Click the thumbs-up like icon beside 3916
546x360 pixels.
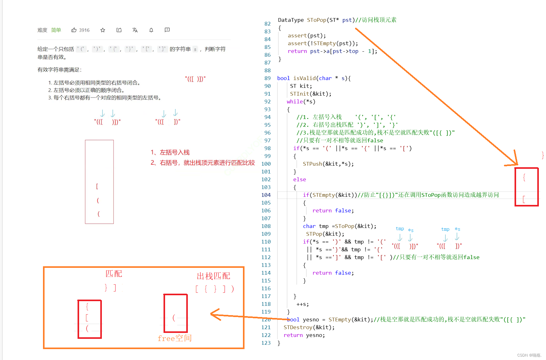click(74, 30)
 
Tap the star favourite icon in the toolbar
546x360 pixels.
click(103, 30)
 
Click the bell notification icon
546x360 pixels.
click(151, 30)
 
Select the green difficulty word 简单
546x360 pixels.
click(56, 30)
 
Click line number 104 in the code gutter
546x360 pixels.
click(266, 195)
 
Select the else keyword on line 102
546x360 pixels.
click(299, 179)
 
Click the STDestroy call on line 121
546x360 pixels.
click(298, 327)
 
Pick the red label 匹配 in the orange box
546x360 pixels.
click(114, 274)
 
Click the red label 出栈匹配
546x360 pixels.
click(213, 276)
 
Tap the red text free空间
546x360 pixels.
click(174, 338)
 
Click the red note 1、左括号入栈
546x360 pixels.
click(170, 152)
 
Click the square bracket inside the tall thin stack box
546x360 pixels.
click(97, 186)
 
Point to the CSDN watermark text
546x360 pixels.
click(529, 355)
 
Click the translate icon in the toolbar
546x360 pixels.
click(135, 30)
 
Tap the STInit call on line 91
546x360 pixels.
click(299, 94)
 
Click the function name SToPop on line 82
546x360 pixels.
click(316, 20)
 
